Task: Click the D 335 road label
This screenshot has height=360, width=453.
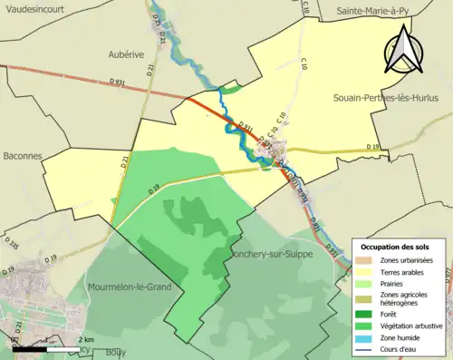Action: (11, 245)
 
